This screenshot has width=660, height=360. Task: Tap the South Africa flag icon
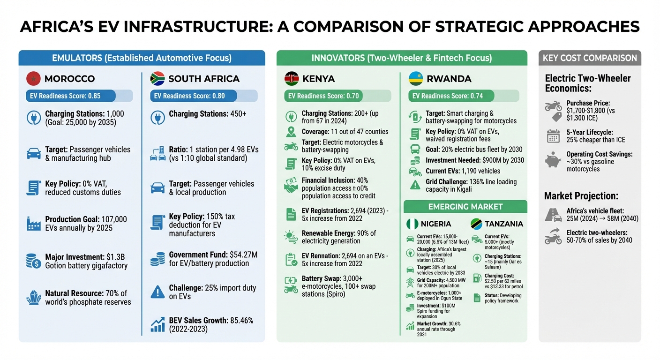157,78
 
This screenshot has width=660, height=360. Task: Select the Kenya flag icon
292,78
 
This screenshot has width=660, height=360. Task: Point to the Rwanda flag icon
416,78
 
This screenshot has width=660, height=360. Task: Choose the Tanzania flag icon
476,224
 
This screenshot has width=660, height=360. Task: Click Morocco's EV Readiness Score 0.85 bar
79,96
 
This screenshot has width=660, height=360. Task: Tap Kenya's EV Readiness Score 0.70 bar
337,96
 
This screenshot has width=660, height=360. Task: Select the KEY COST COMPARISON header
590,58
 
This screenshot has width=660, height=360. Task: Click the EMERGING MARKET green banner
465,207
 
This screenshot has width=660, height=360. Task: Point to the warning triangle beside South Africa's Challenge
157,292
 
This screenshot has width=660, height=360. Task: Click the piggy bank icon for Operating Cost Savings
553,160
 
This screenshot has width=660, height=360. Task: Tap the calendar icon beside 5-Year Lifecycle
553,136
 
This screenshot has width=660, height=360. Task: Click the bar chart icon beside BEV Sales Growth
157,325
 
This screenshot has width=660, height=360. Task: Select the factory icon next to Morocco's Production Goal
34,224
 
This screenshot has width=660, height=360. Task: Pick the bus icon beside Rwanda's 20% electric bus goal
415,149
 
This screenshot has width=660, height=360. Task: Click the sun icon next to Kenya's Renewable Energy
291,237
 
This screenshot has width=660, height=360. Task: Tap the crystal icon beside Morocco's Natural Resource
34,298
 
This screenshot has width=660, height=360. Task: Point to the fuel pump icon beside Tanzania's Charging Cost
477,278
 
